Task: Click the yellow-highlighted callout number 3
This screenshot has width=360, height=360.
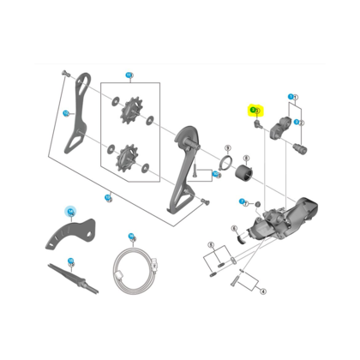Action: coord(255,111)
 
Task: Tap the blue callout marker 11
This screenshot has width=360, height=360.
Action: coord(130,76)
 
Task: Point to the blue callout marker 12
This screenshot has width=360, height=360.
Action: coord(66,112)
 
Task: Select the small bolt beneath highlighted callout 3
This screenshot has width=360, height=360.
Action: coord(256,125)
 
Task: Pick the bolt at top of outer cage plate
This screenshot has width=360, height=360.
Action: coord(64,75)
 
